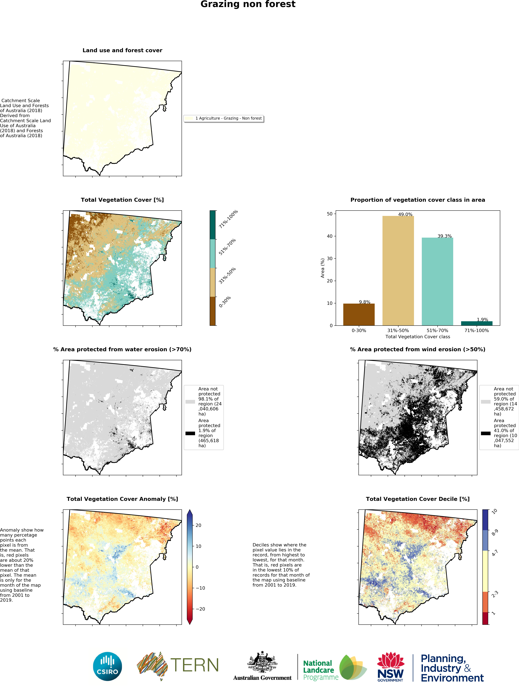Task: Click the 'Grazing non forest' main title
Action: point(248,4)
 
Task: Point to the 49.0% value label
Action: point(405,214)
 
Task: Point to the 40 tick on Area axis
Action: point(330,236)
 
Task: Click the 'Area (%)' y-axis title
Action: point(322,268)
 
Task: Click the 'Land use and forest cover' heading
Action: point(122,50)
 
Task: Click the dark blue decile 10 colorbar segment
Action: point(485,519)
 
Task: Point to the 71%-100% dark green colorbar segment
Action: point(213,225)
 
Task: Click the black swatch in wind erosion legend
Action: point(485,433)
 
